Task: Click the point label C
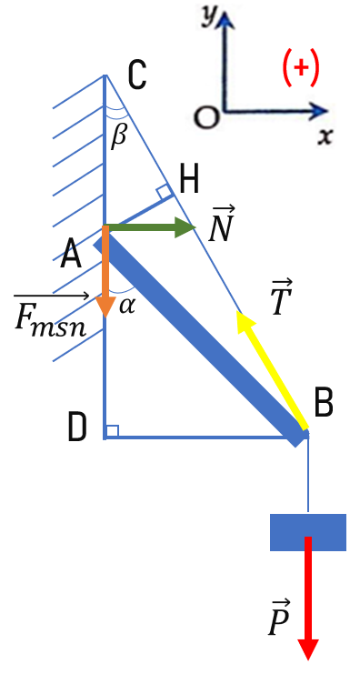tap(137, 75)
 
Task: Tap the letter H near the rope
tap(190, 180)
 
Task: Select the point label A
tap(71, 255)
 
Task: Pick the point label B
tap(324, 402)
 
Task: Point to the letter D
tap(78, 427)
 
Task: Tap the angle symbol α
tap(127, 306)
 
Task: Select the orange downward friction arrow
tap(105, 271)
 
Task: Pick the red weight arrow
tap(308, 598)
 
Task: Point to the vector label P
tap(278, 618)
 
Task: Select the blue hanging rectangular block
tap(308, 532)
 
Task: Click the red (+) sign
tap(301, 68)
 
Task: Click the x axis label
tap(325, 136)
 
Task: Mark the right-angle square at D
tap(112, 431)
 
